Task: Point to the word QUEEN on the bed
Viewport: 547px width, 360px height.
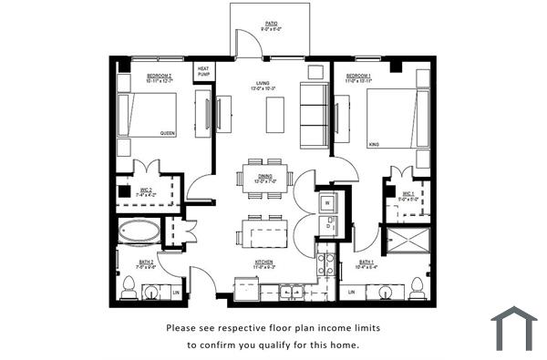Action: [x=168, y=133]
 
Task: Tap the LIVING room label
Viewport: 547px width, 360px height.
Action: [x=263, y=85]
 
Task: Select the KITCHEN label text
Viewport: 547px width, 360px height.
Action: [x=264, y=262]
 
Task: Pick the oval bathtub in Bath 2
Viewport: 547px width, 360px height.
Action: [x=139, y=231]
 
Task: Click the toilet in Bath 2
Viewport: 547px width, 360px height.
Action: [x=129, y=290]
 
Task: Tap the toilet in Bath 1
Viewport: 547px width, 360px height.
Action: [x=418, y=288]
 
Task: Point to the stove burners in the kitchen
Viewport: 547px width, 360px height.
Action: [x=325, y=264]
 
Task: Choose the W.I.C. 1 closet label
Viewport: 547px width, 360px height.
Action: [x=408, y=194]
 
